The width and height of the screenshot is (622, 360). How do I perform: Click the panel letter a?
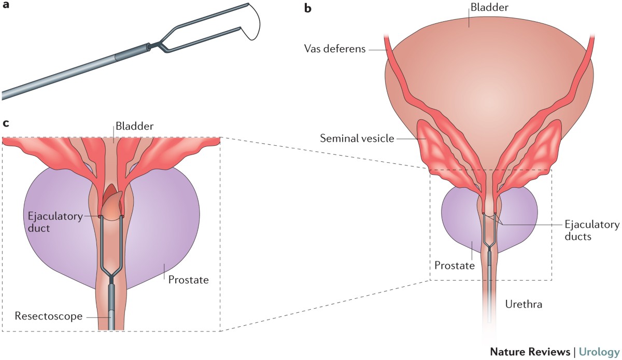[7, 7]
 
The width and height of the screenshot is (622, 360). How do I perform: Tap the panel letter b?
[308, 9]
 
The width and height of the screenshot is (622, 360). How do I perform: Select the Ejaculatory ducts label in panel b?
[592, 230]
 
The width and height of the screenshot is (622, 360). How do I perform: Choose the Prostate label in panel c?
[188, 280]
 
